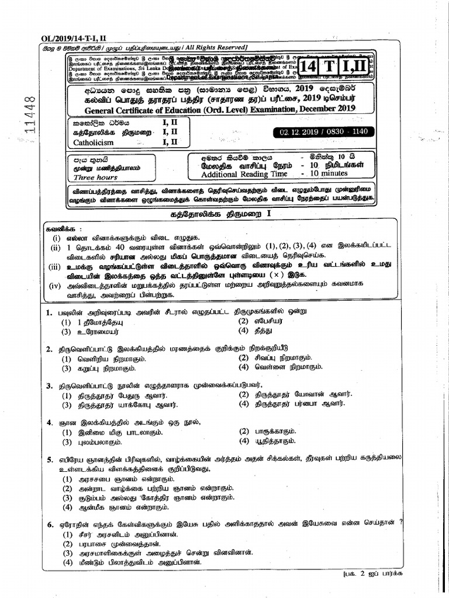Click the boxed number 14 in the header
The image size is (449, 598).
click(x=309, y=67)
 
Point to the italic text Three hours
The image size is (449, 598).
click(x=95, y=177)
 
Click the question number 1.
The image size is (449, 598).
click(x=50, y=312)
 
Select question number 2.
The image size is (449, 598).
click(x=50, y=349)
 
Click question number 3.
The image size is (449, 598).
click(x=50, y=385)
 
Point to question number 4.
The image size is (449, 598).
click(x=50, y=422)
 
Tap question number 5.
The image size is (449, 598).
click(x=50, y=460)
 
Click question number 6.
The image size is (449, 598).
click(x=50, y=524)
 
